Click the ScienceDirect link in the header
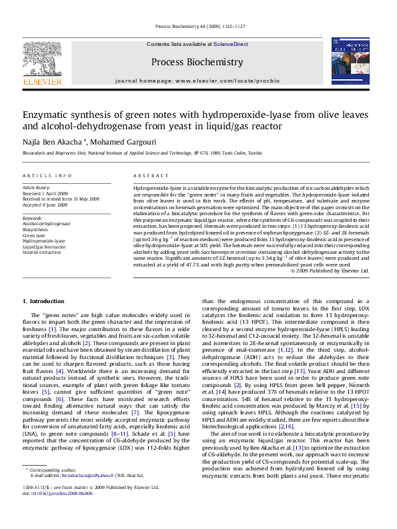(230, 44)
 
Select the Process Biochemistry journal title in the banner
(197, 62)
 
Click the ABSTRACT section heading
(149, 175)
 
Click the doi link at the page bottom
(53, 512)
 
